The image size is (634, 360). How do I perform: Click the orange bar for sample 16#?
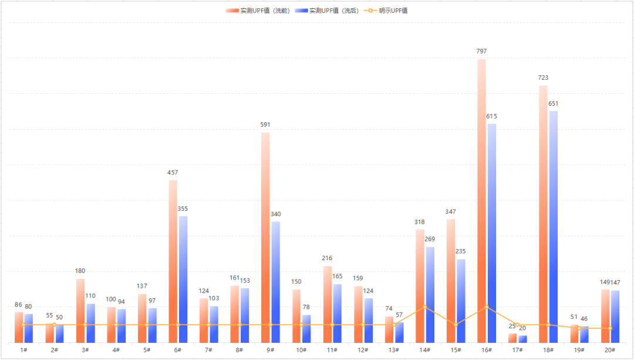(481, 200)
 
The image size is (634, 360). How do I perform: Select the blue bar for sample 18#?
(553, 226)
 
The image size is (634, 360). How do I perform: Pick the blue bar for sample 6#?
(183, 279)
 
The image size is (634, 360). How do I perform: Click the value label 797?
(481, 52)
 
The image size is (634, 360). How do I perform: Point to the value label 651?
(553, 103)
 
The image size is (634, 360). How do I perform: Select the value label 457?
(173, 173)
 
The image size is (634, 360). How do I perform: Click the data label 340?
(276, 214)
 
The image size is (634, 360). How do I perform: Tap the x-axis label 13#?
(393, 350)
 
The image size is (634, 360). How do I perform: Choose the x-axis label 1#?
(23, 350)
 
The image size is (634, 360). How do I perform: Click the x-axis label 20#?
(610, 350)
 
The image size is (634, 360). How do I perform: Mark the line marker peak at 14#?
(424, 307)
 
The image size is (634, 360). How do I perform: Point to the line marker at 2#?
(54, 325)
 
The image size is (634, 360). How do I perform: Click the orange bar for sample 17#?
(512, 338)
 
